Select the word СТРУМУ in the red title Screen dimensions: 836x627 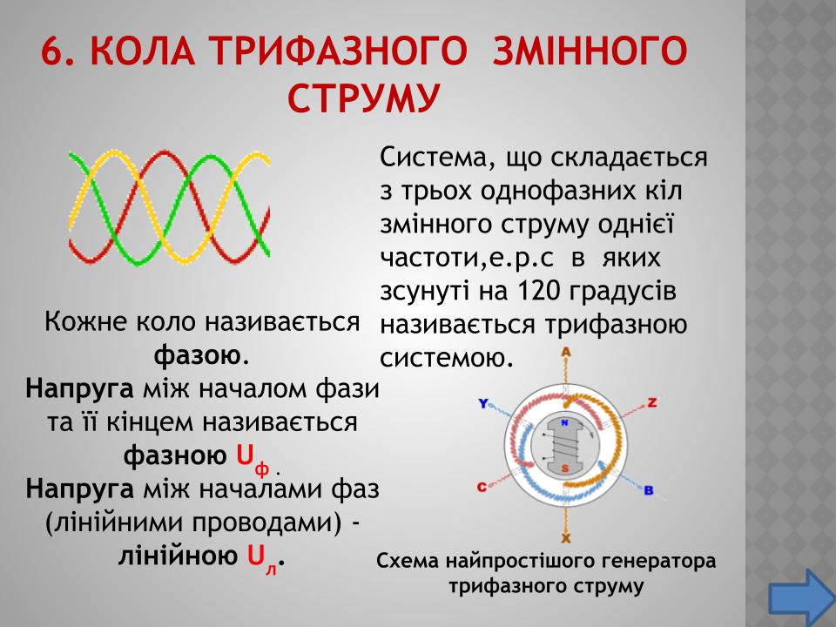tap(364, 98)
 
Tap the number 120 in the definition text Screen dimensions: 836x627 tap(536, 291)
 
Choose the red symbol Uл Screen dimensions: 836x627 tap(262, 559)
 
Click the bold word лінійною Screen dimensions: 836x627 tap(178, 556)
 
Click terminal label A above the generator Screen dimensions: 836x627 tap(566, 352)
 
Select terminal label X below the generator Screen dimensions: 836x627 tap(566, 537)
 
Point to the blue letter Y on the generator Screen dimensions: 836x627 tap(483, 403)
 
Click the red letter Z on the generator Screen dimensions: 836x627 tap(651, 402)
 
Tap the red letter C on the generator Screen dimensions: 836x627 tap(482, 487)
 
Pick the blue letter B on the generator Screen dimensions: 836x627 tap(649, 490)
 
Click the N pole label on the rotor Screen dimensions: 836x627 tap(564, 423)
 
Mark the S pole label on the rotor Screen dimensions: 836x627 tap(564, 469)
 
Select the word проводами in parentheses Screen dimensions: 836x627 tap(266, 523)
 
